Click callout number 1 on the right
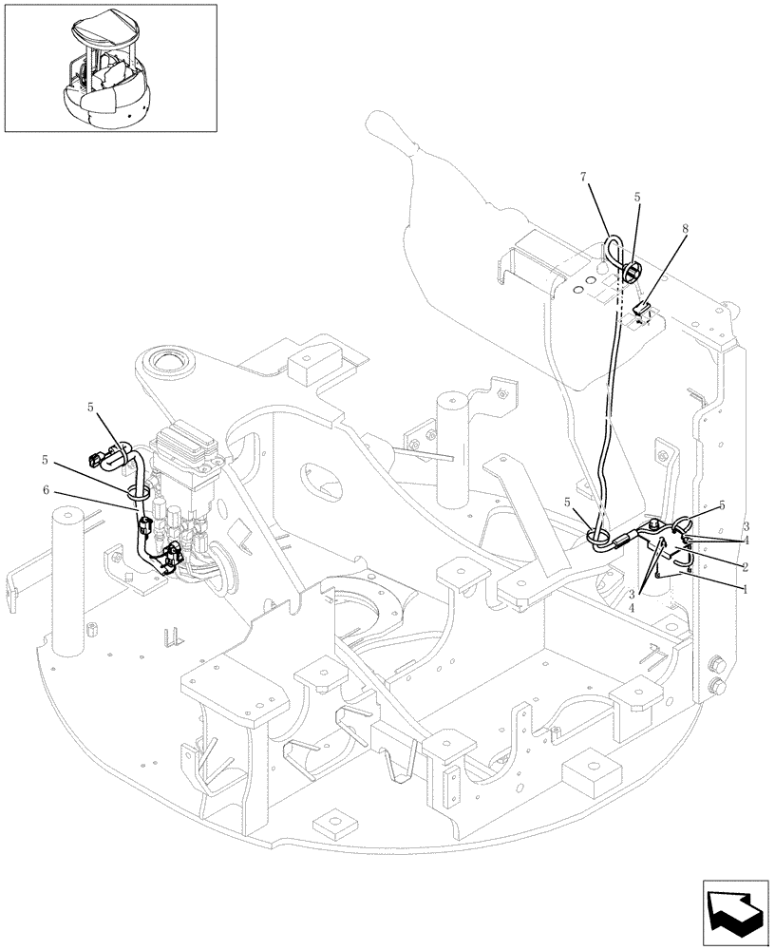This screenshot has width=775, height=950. [746, 589]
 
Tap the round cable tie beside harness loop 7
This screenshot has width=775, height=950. [632, 274]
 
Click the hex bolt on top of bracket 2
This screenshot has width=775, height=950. [656, 525]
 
